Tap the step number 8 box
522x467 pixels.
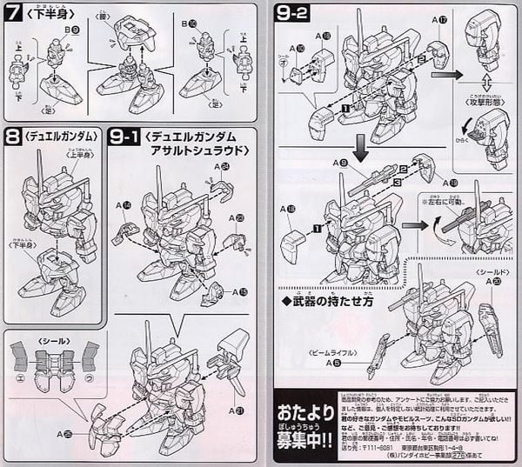14,137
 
